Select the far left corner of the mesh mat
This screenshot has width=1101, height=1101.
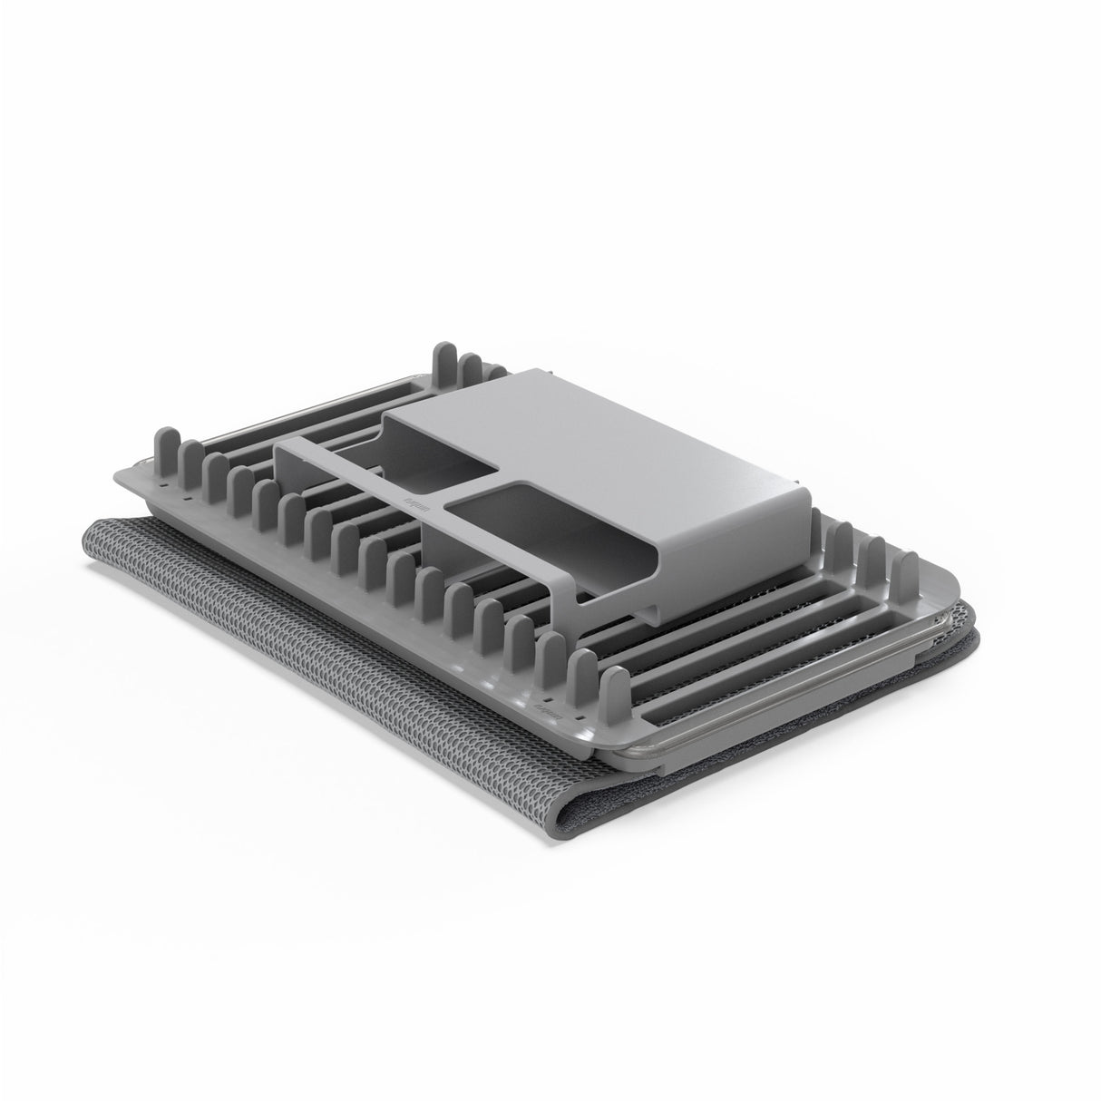coord(91,529)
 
